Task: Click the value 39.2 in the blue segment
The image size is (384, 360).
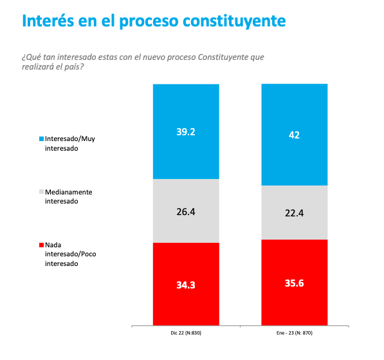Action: click(186, 132)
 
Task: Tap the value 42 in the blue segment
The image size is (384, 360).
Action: click(294, 135)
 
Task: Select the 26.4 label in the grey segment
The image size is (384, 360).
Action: click(186, 212)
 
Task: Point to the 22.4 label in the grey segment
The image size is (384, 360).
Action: click(294, 213)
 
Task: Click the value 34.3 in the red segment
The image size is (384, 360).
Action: click(186, 285)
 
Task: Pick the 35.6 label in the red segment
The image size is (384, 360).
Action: click(294, 283)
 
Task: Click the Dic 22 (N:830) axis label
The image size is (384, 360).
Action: click(186, 333)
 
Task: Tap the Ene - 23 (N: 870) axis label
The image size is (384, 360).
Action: click(295, 333)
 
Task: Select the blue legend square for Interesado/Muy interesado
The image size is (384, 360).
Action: click(41, 139)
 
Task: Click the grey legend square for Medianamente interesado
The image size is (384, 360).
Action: click(41, 192)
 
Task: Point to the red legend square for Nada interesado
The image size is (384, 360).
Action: click(41, 245)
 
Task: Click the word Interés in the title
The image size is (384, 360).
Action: click(48, 21)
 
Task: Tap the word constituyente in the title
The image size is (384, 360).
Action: click(234, 21)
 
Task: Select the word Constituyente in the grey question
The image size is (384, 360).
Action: click(223, 57)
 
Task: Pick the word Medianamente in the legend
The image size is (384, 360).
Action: click(69, 192)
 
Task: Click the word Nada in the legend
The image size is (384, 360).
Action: click(53, 245)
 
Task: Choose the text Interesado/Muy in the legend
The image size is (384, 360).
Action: click(70, 139)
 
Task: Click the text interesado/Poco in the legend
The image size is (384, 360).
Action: click(71, 254)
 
